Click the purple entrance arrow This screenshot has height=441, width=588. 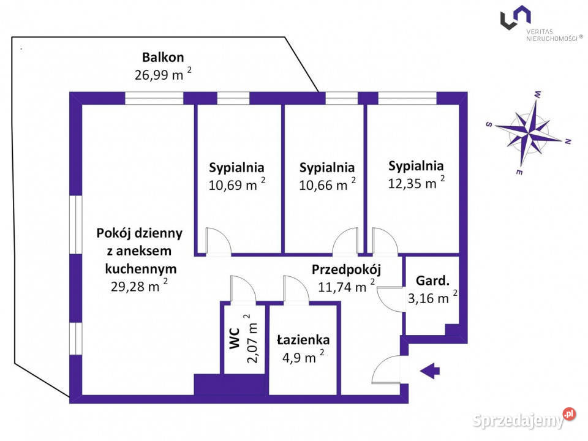(431, 369)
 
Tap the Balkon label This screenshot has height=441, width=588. (163, 58)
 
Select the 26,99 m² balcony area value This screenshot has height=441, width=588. (162, 75)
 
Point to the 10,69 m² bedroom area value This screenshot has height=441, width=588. (236, 184)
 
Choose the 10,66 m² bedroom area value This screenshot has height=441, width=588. (326, 184)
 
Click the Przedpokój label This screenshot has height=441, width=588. (347, 269)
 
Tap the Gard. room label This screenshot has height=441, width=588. (432, 281)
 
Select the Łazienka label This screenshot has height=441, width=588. (303, 340)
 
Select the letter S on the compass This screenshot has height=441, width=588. (489, 124)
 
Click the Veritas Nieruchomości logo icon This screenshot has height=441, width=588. (515, 17)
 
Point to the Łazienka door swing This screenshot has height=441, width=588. (294, 289)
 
